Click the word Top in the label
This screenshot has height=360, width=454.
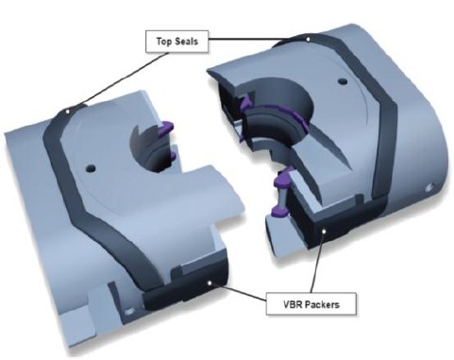[163, 42]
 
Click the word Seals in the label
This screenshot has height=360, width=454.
[186, 42]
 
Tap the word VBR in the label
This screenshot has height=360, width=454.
[294, 304]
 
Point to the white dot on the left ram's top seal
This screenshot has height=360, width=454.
[67, 111]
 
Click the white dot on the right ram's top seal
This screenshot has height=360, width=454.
[309, 40]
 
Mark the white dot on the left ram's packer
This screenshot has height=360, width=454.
[210, 283]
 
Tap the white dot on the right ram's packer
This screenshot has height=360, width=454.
[324, 231]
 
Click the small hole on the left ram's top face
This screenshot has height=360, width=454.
[91, 168]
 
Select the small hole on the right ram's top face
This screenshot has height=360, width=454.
[343, 81]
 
